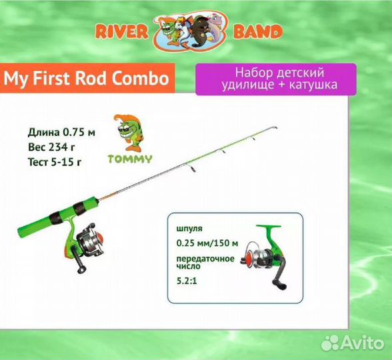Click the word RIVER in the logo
pyautogui.click(x=122, y=32)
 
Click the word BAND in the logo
pyautogui.click(x=258, y=31)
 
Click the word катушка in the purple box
pyautogui.click(x=313, y=85)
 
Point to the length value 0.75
pyautogui.click(x=73, y=132)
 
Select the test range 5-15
pyautogui.click(x=62, y=162)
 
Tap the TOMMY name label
pyautogui.click(x=130, y=159)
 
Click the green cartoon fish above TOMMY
pyautogui.click(x=129, y=133)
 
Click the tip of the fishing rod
pyautogui.click(x=276, y=128)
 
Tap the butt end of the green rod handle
pyautogui.click(x=19, y=233)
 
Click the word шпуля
pyautogui.click(x=189, y=229)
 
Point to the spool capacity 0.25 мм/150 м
pyautogui.click(x=207, y=243)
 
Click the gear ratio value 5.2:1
pyautogui.click(x=187, y=281)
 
